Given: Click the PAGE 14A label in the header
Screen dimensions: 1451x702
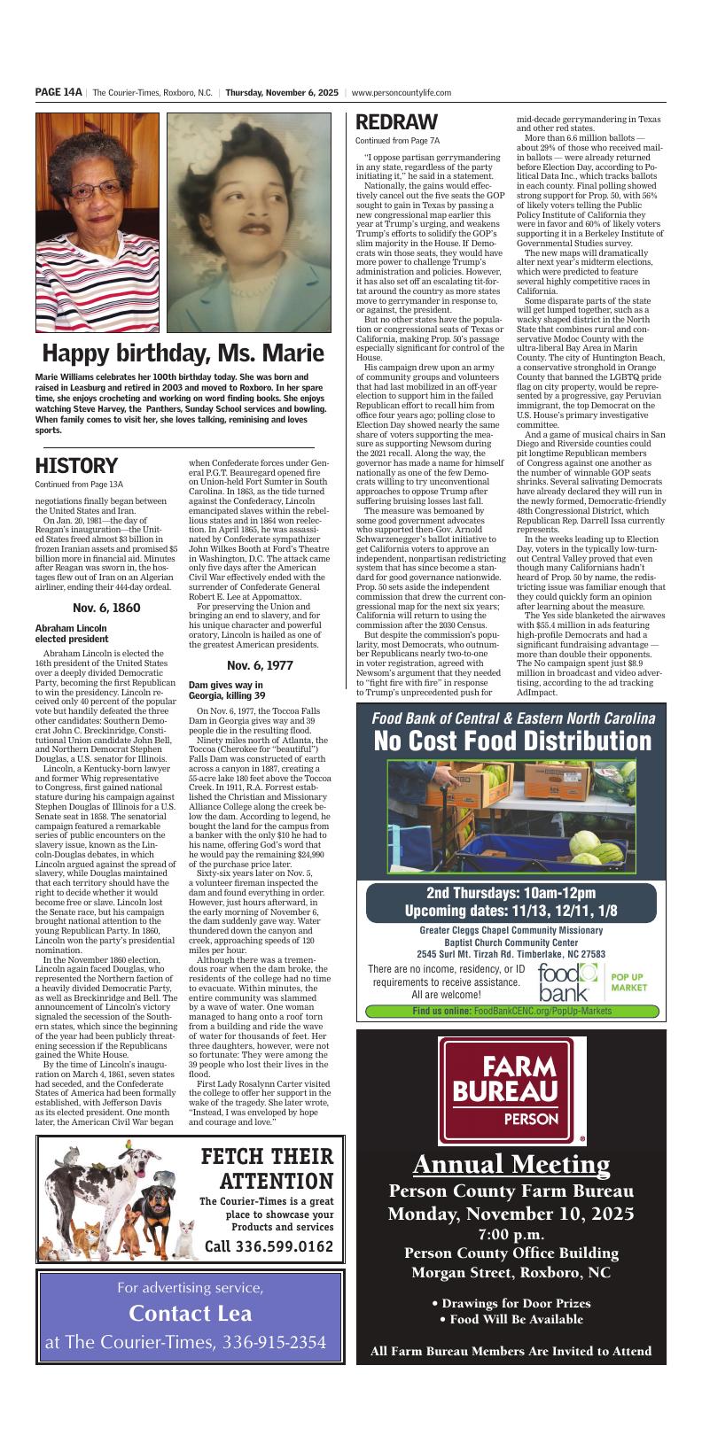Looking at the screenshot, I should pyautogui.click(x=58, y=92).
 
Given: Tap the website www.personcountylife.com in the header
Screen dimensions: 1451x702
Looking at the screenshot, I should pyautogui.click(x=402, y=92).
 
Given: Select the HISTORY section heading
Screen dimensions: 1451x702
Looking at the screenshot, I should pyautogui.click(x=76, y=466).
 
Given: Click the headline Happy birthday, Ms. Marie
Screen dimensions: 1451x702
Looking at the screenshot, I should pyautogui.click(x=183, y=353).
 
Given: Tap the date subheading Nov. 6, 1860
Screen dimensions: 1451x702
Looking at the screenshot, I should pyautogui.click(x=106, y=608).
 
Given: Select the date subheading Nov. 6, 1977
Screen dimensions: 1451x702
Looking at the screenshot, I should pyautogui.click(x=260, y=664).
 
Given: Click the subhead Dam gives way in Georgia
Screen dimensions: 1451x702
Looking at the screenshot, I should pyautogui.click(x=227, y=690).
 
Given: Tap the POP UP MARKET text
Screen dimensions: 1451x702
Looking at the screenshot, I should pyautogui.click(x=628, y=981).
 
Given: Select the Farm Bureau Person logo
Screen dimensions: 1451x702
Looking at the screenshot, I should pyautogui.click(x=512, y=1090).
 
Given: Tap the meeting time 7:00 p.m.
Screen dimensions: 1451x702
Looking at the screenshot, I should pyautogui.click(x=511, y=1233).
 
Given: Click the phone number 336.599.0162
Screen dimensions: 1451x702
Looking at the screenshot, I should pyautogui.click(x=269, y=1246).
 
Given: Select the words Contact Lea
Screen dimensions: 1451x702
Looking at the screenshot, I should pyautogui.click(x=191, y=1313).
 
